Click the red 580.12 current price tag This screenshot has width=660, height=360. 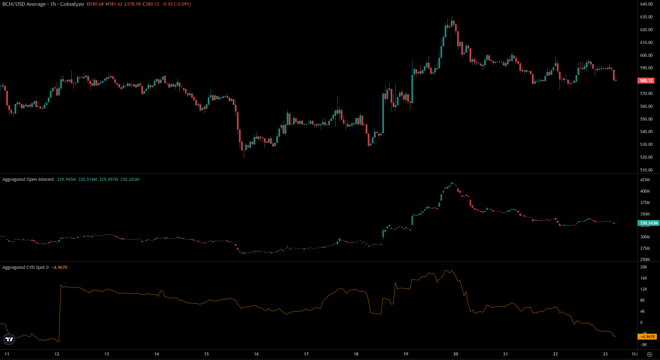pyautogui.click(x=646, y=81)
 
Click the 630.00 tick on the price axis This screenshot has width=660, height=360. pyautogui.click(x=646, y=17)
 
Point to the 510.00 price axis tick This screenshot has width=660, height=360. pyautogui.click(x=646, y=170)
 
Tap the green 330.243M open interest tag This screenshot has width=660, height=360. pyautogui.click(x=649, y=223)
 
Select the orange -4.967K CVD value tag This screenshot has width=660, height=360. pyautogui.click(x=647, y=337)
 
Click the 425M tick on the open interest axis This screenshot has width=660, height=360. pyautogui.click(x=645, y=180)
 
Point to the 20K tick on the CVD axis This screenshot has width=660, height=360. pyautogui.click(x=643, y=267)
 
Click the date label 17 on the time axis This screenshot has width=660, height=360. pyautogui.click(x=306, y=354)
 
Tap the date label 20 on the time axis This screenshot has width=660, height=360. pyautogui.click(x=456, y=354)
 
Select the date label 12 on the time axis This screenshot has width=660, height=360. pyautogui.click(x=57, y=354)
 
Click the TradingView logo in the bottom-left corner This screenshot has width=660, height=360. pyautogui.click(x=9, y=339)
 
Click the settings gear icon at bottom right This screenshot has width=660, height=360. pyautogui.click(x=650, y=354)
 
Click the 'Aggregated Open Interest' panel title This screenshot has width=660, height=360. pyautogui.click(x=28, y=179)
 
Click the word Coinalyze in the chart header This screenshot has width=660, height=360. pyautogui.click(x=72, y=4)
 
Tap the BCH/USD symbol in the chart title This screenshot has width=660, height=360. pyautogui.click(x=14, y=4)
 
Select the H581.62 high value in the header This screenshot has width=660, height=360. pyautogui.click(x=114, y=4)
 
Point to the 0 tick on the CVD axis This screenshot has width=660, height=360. pyautogui.click(x=641, y=323)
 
